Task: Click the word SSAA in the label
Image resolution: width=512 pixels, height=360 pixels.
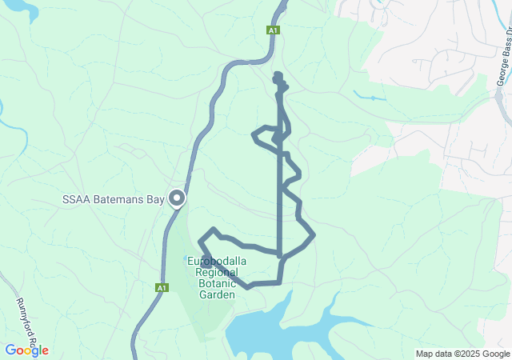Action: tap(77, 199)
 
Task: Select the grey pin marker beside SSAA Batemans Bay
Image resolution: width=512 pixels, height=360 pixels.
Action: tap(176, 198)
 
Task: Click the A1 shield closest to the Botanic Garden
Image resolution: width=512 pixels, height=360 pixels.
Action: tap(162, 287)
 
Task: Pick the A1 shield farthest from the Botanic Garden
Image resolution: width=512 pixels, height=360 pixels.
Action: tap(274, 30)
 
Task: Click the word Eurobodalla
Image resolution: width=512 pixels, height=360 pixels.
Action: tap(217, 262)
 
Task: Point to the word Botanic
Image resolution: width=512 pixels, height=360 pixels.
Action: tap(217, 283)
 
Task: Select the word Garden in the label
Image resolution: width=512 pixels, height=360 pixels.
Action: tap(217, 294)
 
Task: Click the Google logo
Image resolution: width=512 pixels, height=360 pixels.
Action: tap(26, 350)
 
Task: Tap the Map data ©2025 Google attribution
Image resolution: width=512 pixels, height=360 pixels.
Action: tap(462, 354)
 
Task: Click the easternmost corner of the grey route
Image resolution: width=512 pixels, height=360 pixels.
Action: tap(314, 234)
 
